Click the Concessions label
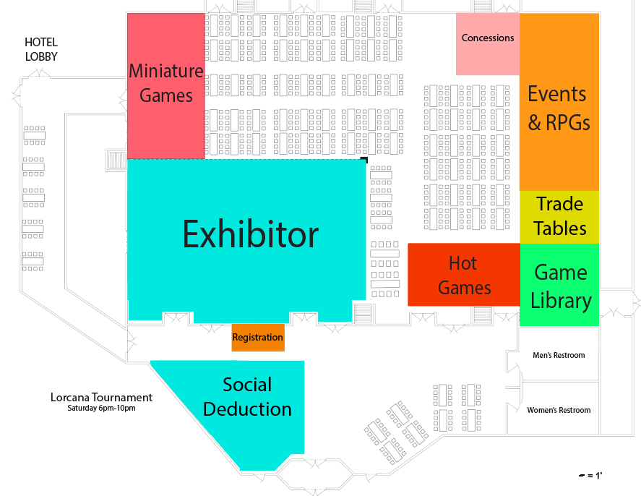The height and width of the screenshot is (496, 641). (488, 38)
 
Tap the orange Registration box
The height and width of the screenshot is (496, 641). (258, 338)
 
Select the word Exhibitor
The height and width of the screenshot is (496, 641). (250, 235)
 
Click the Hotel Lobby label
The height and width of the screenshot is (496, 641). (41, 50)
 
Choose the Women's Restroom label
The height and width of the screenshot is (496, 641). (559, 410)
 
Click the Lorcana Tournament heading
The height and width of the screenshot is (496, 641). (101, 397)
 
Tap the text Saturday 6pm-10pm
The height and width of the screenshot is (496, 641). (101, 409)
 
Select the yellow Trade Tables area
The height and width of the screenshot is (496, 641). (559, 216)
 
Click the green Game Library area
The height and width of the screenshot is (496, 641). (560, 286)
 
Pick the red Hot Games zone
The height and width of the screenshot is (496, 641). (464, 275)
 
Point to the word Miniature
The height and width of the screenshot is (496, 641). (166, 71)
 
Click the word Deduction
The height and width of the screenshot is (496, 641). (247, 409)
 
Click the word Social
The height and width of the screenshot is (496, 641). (247, 385)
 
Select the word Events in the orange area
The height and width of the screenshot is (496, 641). (556, 94)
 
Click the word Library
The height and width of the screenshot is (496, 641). (561, 300)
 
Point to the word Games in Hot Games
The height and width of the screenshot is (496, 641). (464, 288)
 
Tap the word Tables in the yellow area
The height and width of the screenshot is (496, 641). (560, 228)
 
